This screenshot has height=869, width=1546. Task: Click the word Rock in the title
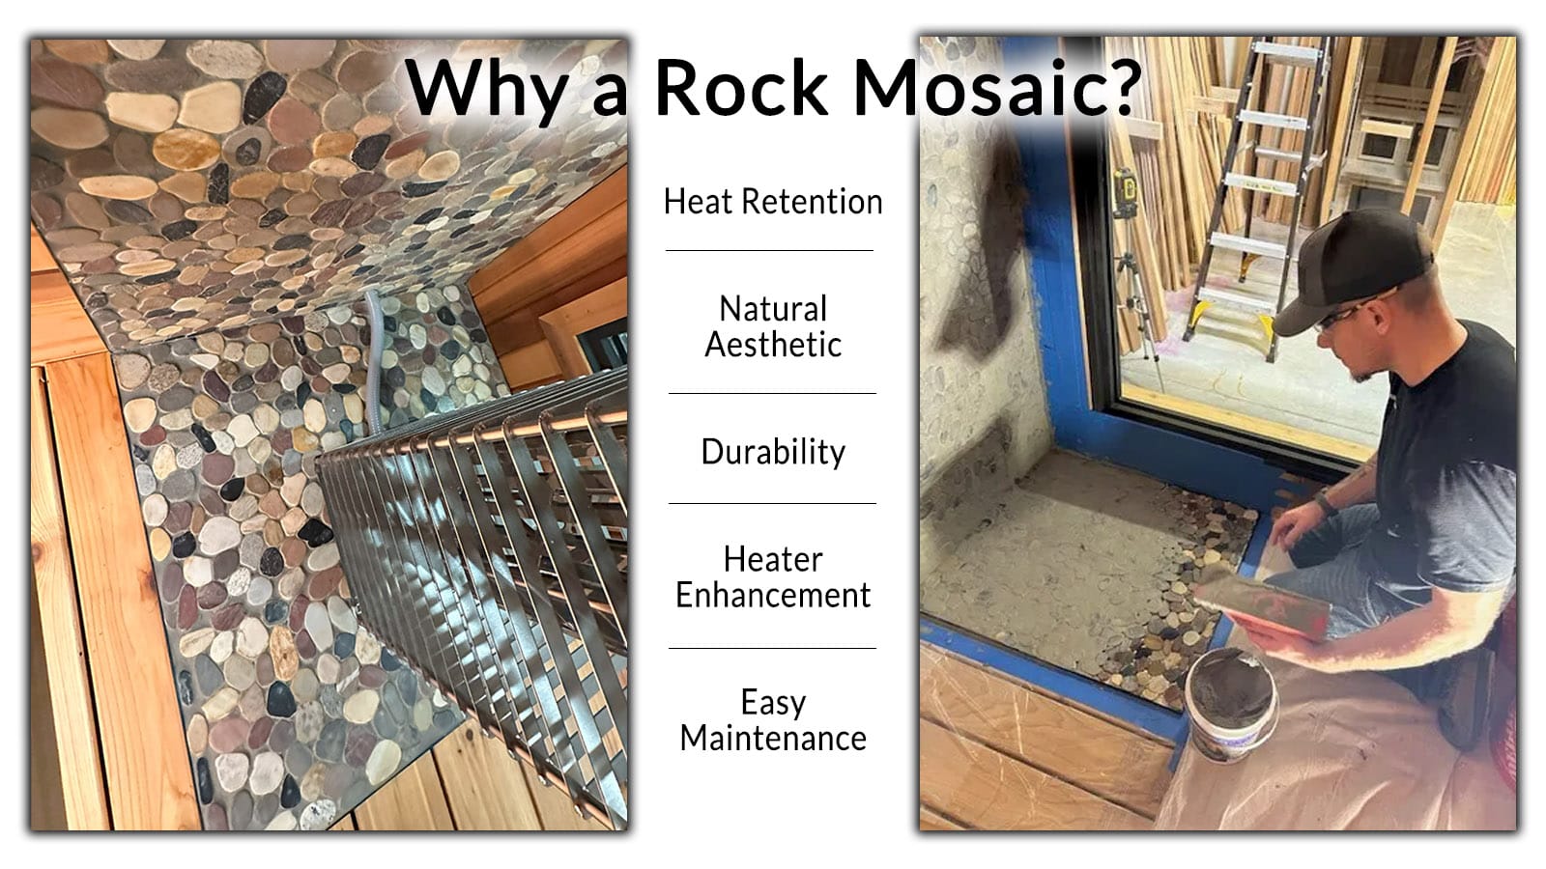point(740,88)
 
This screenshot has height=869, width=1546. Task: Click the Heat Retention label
point(773,202)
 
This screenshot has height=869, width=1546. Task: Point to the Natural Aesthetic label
point(773,326)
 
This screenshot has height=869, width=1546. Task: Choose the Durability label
point(773,453)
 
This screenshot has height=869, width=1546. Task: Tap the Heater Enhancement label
point(773,576)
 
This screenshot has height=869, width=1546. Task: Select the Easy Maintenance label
point(773,720)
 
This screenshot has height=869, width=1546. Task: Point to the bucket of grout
point(1231,704)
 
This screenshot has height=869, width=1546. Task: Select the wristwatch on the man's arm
point(1324,502)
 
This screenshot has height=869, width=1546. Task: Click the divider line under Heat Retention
point(769,250)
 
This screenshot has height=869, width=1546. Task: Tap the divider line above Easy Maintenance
point(772,648)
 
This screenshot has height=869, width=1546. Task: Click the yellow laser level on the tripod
point(1125,193)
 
